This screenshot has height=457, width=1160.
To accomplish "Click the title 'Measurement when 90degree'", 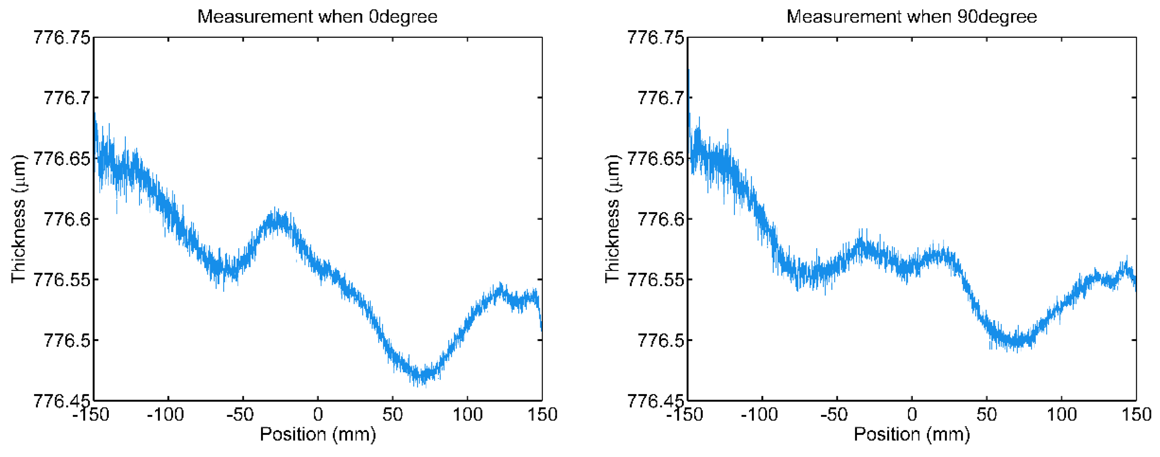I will click(911, 17).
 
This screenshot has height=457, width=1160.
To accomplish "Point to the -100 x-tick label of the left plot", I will click(166, 414).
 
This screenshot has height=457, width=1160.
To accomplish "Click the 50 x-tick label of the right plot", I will click(986, 414).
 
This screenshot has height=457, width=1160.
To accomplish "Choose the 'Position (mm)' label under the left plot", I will click(318, 434).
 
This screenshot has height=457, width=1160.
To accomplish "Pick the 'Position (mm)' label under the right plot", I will click(911, 434).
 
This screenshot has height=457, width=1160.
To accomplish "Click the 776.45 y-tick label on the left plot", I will click(62, 400).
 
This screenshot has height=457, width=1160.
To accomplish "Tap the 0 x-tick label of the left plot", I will click(318, 414).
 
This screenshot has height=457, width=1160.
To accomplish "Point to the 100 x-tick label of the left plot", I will click(467, 414).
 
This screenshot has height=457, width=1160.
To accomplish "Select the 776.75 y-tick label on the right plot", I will click(655, 37).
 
